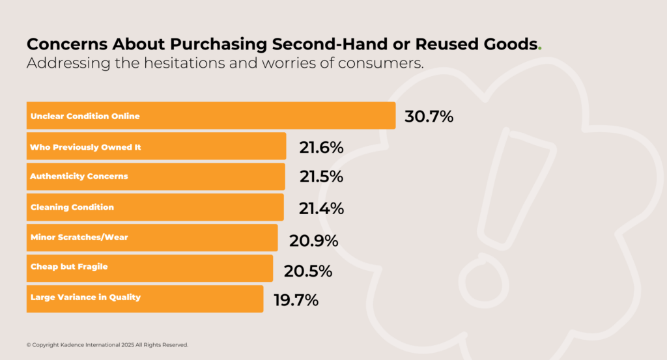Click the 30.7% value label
tap(429, 117)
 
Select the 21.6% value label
tap(321, 148)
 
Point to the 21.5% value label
tap(321, 178)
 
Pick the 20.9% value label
tap(314, 241)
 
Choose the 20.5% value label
tap(307, 271)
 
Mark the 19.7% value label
tap(296, 300)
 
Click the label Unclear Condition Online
tap(85, 117)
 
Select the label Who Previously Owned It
tap(85, 147)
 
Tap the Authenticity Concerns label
tap(79, 176)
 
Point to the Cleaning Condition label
tap(72, 207)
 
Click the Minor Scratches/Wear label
tap(79, 238)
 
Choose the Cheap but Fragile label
tap(69, 268)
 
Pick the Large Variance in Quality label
tap(85, 298)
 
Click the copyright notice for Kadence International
tap(107, 344)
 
